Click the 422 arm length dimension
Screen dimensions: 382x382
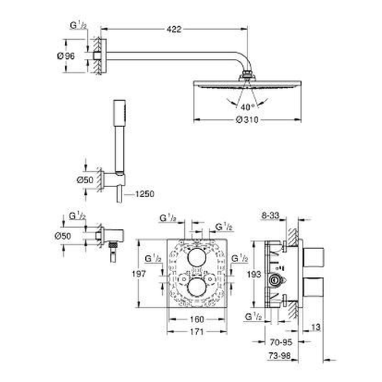pos(174,29)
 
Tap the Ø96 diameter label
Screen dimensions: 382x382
pos(66,56)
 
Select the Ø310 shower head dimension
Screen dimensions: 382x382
pos(247,120)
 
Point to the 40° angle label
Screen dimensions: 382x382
pos(247,107)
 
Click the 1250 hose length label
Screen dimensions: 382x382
pos(145,194)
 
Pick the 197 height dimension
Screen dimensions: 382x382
pos(139,274)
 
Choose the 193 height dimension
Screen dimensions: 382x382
pos(254,275)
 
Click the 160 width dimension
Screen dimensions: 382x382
pos(197,319)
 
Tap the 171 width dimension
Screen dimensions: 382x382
pos(197,331)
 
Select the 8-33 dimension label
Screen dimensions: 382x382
pos(270,215)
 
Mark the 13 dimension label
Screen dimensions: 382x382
pos(316,327)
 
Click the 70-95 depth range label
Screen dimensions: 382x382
pos(281,342)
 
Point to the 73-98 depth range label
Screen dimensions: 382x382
pos(280,356)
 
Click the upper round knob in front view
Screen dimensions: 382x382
pos(197,258)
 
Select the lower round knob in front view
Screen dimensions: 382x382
pos(197,287)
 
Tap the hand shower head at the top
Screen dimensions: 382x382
pos(120,113)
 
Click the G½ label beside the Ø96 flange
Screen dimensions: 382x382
pos(78,25)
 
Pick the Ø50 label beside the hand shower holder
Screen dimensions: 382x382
pos(85,180)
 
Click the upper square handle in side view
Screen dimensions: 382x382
pos(313,257)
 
